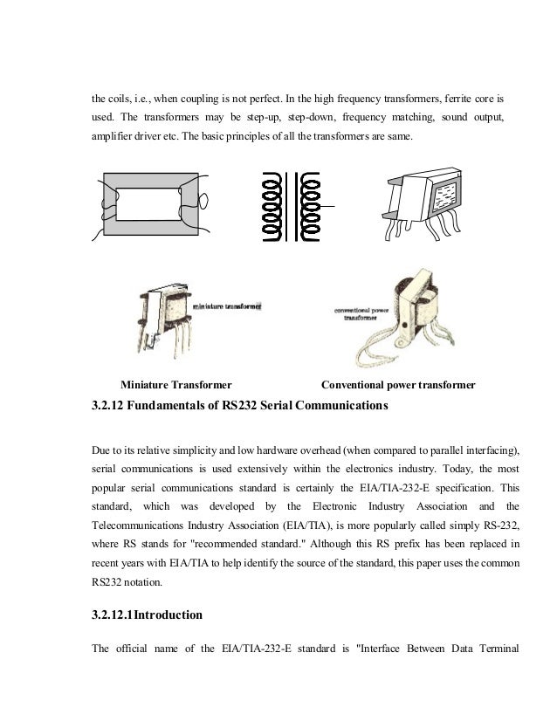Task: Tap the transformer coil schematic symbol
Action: click(x=287, y=207)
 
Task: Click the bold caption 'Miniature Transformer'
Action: click(x=175, y=385)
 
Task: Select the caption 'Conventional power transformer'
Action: click(x=398, y=385)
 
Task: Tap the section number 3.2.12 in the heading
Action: click(x=111, y=405)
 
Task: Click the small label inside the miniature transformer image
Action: click(x=227, y=307)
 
